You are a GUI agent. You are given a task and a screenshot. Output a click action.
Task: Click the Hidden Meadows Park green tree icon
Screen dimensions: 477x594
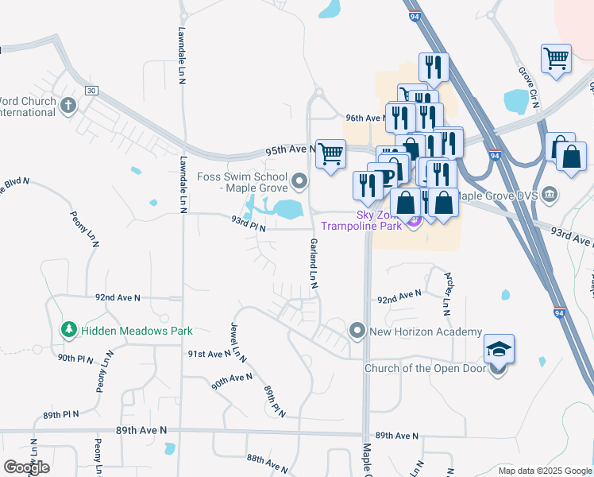[69, 329]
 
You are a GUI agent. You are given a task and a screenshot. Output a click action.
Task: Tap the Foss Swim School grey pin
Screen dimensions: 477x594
[299, 183]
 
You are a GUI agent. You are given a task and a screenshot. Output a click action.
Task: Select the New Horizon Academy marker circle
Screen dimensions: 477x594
[357, 330]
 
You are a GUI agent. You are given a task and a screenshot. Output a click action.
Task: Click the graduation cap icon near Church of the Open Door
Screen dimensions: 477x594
[499, 350]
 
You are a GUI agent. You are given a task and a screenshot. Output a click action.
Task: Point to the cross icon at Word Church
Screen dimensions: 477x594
[68, 105]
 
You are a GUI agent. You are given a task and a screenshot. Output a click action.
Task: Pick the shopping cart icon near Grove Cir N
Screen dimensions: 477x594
[556, 58]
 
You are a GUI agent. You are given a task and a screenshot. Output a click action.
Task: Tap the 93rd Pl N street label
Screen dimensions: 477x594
[248, 222]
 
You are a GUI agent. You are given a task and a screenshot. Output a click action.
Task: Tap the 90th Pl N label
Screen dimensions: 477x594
[76, 359]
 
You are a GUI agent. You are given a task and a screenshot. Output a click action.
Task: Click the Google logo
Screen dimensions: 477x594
[26, 467]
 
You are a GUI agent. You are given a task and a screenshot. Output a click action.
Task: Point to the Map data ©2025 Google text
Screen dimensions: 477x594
[545, 471]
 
